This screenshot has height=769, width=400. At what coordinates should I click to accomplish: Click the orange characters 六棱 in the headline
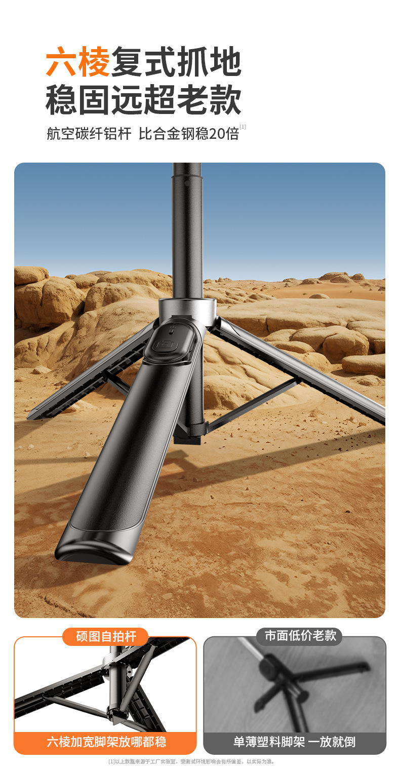78,62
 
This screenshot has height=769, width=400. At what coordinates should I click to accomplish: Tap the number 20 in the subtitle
217,134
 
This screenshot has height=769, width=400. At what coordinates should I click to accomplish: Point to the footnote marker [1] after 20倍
243,127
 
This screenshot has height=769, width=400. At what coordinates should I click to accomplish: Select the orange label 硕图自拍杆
106,636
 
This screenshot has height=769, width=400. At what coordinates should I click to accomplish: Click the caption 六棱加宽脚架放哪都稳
106,741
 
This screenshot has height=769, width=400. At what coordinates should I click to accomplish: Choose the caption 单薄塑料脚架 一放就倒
294,741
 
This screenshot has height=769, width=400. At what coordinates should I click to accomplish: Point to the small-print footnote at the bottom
191,761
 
